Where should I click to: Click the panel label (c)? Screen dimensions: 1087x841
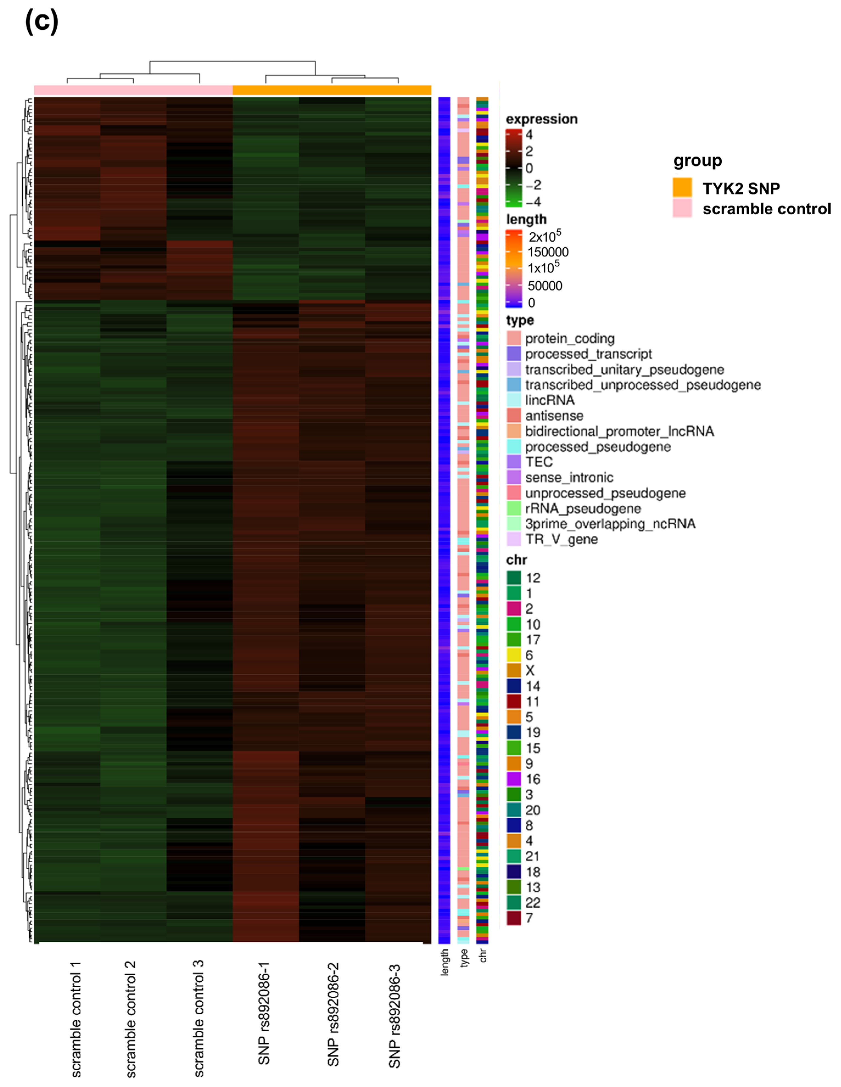pos(42,23)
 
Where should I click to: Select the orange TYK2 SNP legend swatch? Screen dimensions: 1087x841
pos(682,188)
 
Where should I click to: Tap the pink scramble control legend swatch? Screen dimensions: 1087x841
pos(682,209)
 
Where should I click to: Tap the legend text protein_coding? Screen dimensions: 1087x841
pos(570,339)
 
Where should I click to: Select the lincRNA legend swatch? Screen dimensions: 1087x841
pos(514,400)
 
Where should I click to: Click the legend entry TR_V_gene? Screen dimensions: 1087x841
pos(561,539)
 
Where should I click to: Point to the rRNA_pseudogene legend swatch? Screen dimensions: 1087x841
pos(514,508)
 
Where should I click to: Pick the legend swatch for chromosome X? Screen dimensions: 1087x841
pos(514,670)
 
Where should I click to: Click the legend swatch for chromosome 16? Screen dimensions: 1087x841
pos(514,779)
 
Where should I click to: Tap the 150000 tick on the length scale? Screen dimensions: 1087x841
pos(548,252)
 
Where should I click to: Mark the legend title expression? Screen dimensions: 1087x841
pos(542,119)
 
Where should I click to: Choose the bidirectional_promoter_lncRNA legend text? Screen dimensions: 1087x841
pos(619,432)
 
